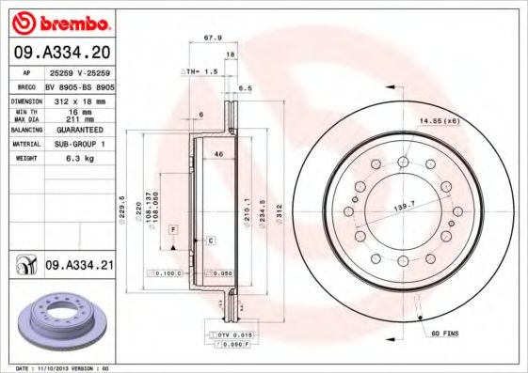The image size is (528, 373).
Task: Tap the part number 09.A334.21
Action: (x=78, y=266)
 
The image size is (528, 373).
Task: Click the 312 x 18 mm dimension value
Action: (x=79, y=101)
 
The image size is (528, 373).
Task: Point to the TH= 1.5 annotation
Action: (x=200, y=71)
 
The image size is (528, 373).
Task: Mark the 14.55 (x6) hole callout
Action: (x=438, y=121)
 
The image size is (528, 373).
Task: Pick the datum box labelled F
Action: (x=173, y=229)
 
